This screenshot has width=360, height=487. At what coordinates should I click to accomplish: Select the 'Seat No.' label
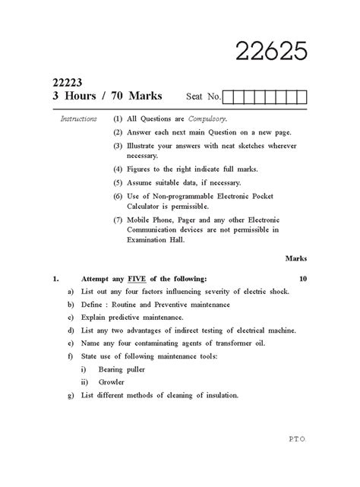point(203,97)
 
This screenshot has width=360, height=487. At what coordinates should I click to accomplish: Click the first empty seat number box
point(229,96)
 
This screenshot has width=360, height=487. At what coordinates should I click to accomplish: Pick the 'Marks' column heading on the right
point(295,258)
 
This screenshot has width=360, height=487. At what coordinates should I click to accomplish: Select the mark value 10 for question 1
point(303,279)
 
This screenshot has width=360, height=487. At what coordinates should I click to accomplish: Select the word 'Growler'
point(112,381)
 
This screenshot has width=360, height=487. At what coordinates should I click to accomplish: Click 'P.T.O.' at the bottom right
point(299,460)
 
